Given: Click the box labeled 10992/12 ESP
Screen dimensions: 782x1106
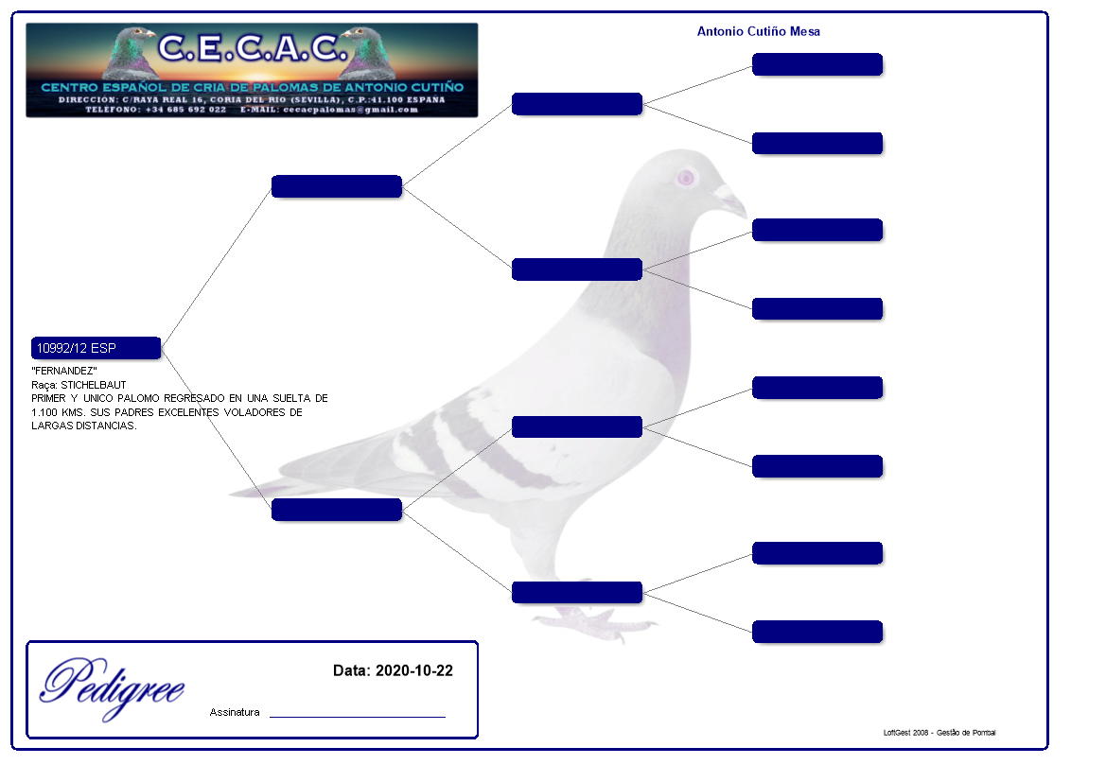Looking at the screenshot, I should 96,348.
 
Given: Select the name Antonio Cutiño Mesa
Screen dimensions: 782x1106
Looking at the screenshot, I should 758,32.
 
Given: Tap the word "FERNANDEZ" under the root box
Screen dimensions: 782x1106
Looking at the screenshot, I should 64,371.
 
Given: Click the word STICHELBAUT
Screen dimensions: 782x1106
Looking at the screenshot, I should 94,385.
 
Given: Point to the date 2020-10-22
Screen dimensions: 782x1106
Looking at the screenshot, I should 413,671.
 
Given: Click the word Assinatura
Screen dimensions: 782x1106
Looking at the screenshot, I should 234,713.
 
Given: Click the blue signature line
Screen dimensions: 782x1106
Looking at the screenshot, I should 357,717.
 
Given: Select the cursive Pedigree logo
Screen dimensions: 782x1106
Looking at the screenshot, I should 112,686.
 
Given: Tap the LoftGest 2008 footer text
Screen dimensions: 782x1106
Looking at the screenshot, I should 939,733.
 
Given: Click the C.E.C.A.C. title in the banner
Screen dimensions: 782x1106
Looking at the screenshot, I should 248,47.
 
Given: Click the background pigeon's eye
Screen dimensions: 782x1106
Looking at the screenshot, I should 686,177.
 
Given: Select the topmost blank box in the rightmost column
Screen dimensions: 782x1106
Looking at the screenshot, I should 816,64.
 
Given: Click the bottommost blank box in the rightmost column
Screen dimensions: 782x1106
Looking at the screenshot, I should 816,632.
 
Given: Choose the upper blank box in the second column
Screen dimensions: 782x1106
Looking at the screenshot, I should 336,186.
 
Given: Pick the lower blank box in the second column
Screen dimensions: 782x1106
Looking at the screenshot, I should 336,510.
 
